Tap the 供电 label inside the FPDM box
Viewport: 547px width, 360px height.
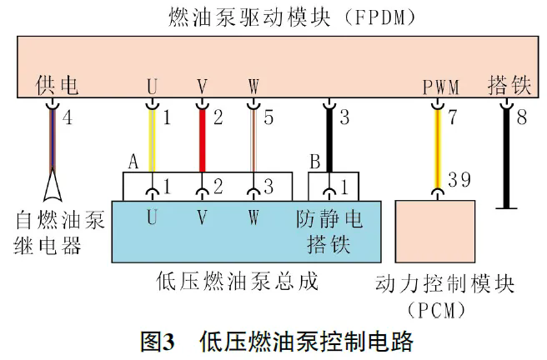(x=58, y=85)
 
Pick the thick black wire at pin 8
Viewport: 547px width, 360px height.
(x=504, y=154)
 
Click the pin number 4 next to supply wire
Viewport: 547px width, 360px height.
(x=68, y=118)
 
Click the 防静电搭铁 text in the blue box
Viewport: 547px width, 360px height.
(x=330, y=232)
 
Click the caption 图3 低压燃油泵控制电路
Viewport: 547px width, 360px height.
(x=275, y=342)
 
